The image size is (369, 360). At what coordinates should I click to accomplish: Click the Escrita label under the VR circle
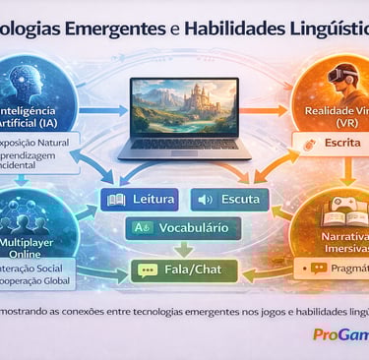coord(336,146)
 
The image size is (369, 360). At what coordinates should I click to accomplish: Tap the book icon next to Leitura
coord(114,201)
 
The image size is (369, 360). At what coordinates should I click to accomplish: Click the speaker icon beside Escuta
coord(206,201)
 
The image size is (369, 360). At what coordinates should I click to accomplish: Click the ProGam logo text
coord(339,334)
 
